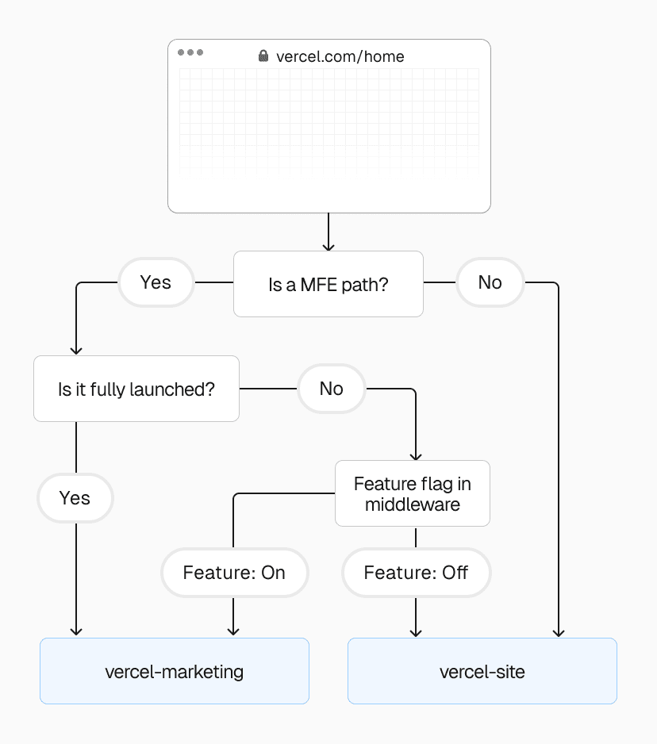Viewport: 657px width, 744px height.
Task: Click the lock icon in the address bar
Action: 263,56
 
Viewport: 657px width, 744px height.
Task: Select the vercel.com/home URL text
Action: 340,56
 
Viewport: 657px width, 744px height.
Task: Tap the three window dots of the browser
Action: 190,52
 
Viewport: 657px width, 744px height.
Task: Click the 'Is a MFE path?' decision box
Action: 328,284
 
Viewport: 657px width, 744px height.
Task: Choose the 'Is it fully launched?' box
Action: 136,389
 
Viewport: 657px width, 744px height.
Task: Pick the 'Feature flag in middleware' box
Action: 412,493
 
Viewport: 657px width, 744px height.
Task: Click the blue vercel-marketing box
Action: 174,671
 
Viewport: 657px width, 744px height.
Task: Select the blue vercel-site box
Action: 482,671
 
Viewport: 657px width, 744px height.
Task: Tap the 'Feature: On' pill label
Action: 234,573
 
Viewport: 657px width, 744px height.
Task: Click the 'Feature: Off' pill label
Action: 416,573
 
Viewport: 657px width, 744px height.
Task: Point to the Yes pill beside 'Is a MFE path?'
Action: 156,282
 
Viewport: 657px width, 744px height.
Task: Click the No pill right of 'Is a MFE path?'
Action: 490,282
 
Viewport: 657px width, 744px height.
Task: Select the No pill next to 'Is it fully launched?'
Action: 331,389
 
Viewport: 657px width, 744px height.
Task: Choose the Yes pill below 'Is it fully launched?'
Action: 75,498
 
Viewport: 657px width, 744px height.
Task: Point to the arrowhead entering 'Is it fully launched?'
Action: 76,350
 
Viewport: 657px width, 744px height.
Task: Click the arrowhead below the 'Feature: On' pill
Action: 233,631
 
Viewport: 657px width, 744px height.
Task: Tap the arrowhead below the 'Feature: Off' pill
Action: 415,631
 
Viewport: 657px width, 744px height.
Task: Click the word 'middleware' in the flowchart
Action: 412,504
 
